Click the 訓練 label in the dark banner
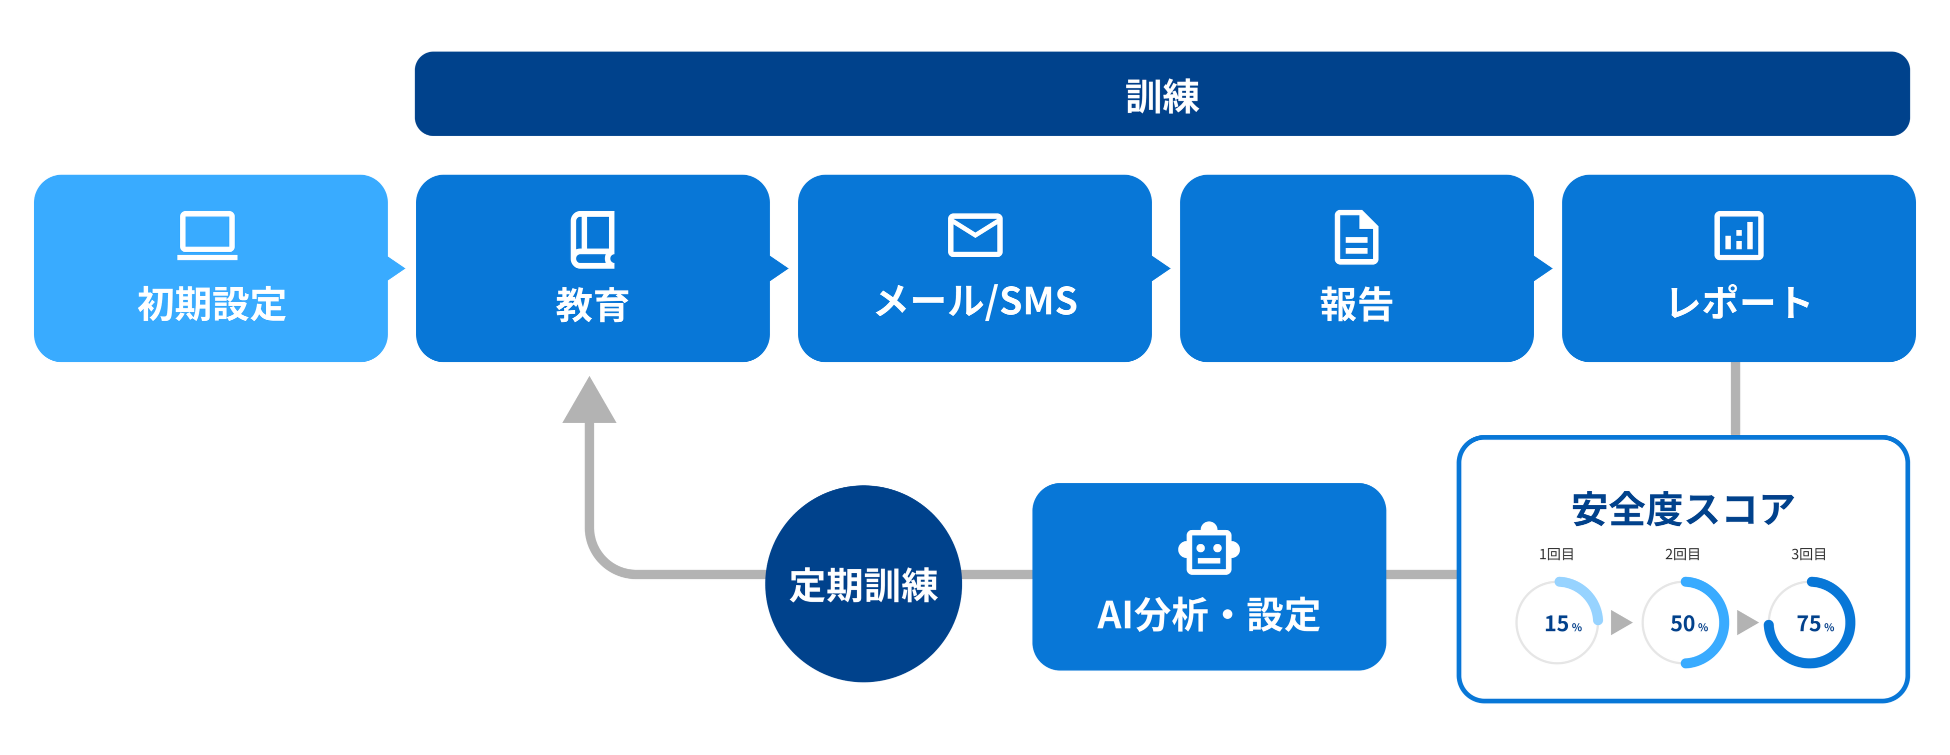pos(1162,96)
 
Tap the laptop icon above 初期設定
pos(207,236)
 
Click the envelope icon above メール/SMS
pos(975,236)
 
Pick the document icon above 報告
pos(1356,237)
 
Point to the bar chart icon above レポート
pos(1739,236)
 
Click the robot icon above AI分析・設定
pos(1209,548)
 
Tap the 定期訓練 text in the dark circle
pos(863,585)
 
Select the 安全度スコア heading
pos(1683,509)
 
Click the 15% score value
pos(1562,624)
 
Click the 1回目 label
pos(1556,554)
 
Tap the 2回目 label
pos(1683,554)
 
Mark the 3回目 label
pos(1808,554)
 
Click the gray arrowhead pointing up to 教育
pos(589,401)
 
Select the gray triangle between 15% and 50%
pos(1620,622)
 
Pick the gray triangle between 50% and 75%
pos(1747,622)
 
